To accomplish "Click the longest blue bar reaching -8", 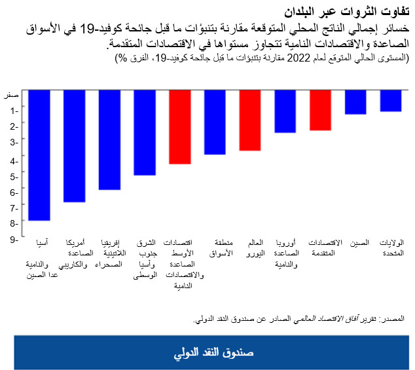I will [x=39, y=155].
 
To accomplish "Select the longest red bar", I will [x=179, y=126].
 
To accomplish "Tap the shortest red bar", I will [x=320, y=110].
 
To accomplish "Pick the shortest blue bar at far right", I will [x=391, y=101].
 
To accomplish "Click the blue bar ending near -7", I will [x=74, y=146].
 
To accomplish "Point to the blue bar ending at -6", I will [x=109, y=139].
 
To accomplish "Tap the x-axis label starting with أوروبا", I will [x=285, y=253].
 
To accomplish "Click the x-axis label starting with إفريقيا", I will [x=110, y=253].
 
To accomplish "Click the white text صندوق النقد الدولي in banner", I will [x=213, y=352].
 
